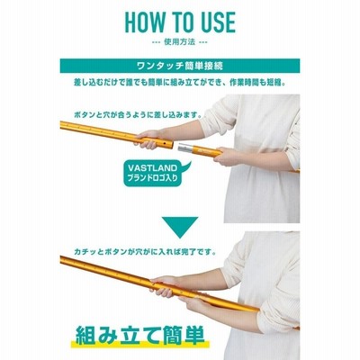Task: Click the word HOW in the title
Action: (x=145, y=22)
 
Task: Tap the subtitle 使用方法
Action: (x=180, y=41)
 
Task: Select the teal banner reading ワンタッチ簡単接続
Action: (x=180, y=66)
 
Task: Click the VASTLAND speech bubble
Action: (x=156, y=174)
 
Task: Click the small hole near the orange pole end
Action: (x=165, y=144)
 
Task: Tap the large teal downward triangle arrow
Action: (x=180, y=227)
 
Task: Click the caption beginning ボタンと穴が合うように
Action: (x=138, y=115)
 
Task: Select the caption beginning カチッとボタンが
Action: (x=145, y=252)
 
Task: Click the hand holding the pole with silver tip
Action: (x=229, y=157)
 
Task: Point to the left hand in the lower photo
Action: (x=164, y=286)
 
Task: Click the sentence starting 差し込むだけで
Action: (x=180, y=82)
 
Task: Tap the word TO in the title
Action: (x=180, y=22)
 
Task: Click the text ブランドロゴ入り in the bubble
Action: (x=153, y=178)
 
